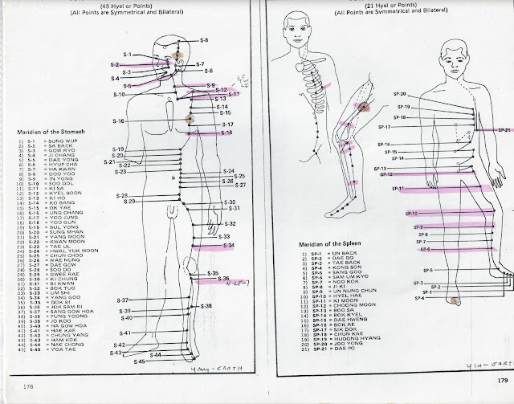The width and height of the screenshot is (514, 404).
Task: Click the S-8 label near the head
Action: (203, 39)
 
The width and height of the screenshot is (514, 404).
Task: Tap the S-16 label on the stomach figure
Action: (118, 121)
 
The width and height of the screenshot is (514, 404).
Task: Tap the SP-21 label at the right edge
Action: (504, 129)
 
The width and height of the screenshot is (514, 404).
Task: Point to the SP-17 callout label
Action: (383, 127)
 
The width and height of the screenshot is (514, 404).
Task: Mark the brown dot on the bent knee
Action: (363, 106)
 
